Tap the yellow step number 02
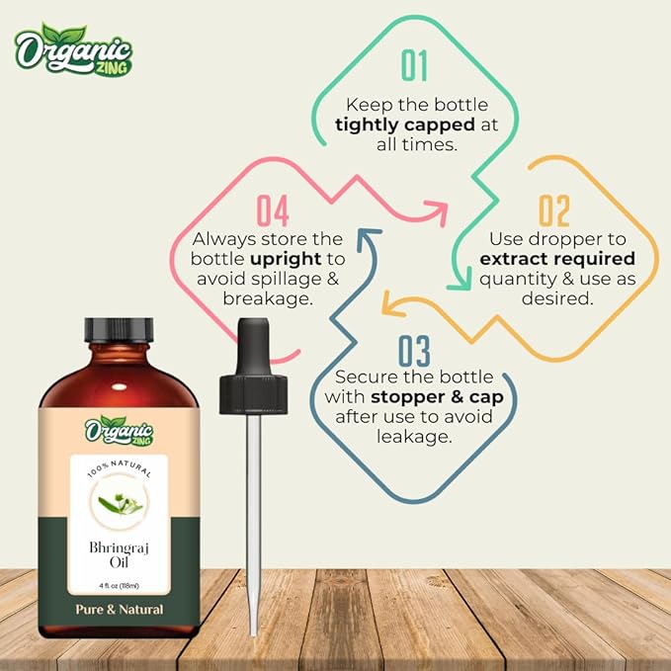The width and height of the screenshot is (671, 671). (x=554, y=211)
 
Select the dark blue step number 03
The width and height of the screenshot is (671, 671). (x=415, y=352)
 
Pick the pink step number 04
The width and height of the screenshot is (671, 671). (x=275, y=211)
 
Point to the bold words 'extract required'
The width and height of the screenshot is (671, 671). (x=556, y=259)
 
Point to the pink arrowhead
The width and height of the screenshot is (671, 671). (x=436, y=209)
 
